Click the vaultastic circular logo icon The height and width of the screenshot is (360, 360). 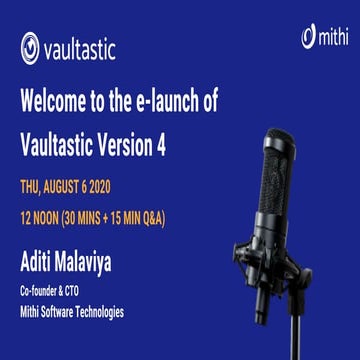pyautogui.click(x=30, y=48)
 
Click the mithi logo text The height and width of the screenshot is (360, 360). pyautogui.click(x=330, y=38)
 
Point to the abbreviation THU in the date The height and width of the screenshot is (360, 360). pyautogui.click(x=32, y=186)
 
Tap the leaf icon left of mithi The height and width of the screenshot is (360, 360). pyautogui.click(x=308, y=37)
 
